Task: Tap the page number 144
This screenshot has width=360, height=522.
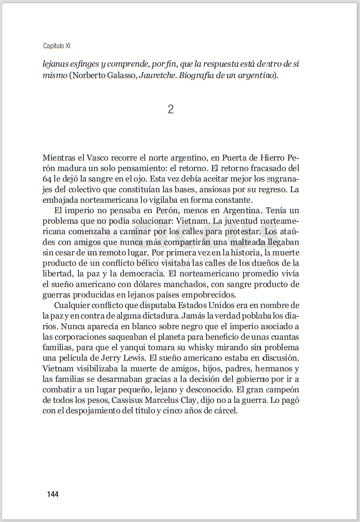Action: tap(52, 494)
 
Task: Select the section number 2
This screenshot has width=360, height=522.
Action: tap(171, 109)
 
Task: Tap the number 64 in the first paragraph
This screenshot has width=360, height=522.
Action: tap(47, 179)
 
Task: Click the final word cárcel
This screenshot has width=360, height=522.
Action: tap(224, 411)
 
